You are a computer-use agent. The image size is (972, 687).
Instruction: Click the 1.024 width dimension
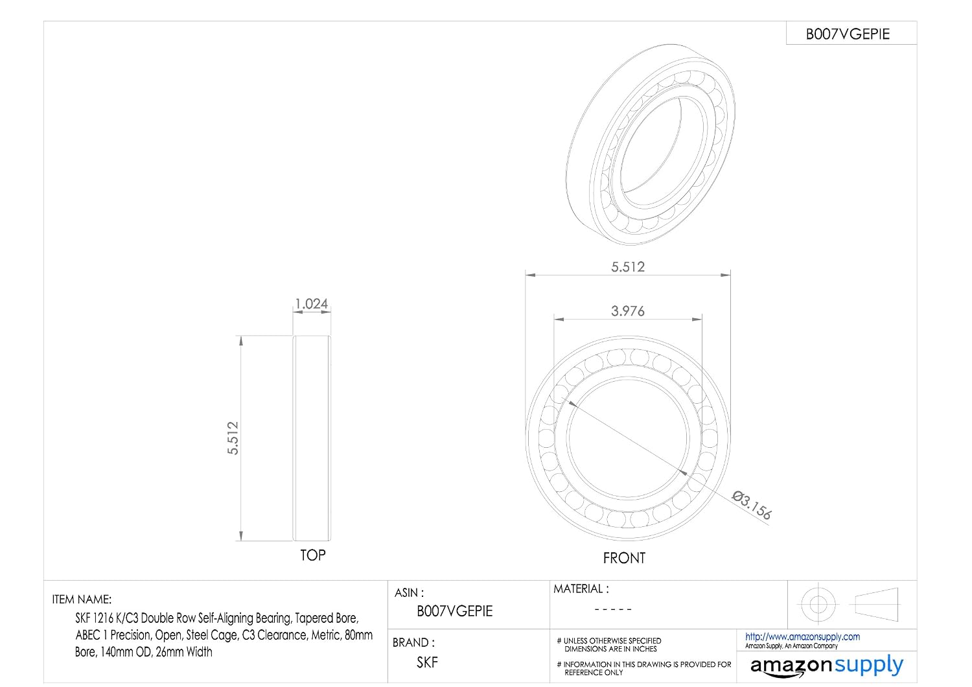[312, 303]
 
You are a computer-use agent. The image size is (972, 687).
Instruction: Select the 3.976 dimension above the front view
[628, 310]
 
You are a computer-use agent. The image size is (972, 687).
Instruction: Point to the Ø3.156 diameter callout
[752, 505]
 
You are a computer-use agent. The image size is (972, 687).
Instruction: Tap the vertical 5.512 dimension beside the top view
[233, 438]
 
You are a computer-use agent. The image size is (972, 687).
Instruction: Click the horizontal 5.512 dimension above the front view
[628, 266]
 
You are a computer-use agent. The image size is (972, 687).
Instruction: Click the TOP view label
[313, 555]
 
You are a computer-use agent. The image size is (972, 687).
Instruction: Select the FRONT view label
[624, 558]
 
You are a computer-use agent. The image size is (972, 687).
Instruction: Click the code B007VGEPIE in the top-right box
[848, 34]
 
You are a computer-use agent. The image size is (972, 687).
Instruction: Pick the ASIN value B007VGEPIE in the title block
[455, 611]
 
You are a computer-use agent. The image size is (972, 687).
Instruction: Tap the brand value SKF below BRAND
[428, 662]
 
